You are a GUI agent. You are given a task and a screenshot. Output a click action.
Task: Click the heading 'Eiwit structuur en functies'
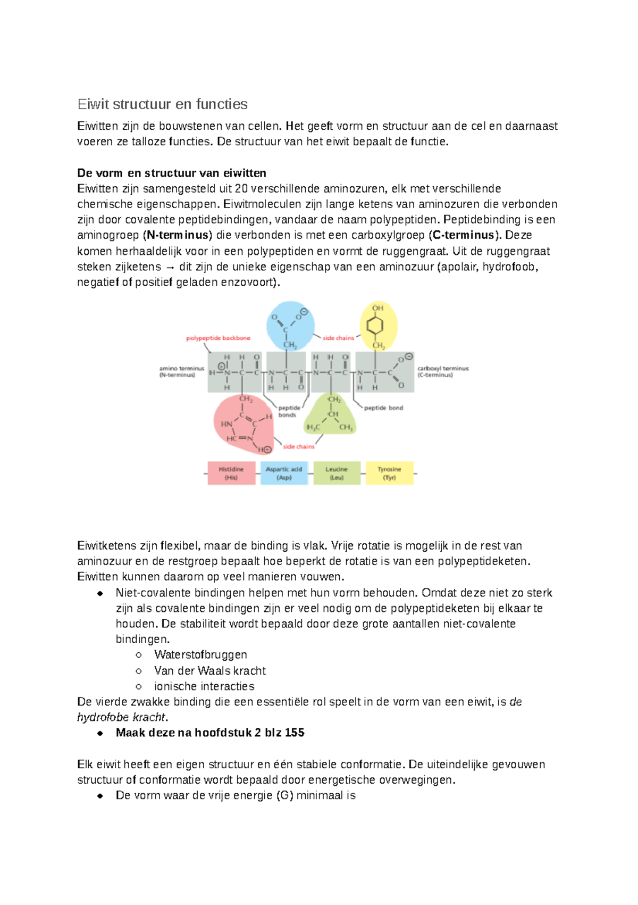pyautogui.click(x=162, y=104)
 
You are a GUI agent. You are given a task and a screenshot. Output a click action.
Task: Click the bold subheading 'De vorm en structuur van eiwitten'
pyautogui.click(x=171, y=173)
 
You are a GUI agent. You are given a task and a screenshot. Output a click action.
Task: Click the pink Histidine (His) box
pyautogui.click(x=231, y=473)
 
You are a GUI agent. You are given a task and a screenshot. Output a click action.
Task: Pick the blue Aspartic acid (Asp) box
pyautogui.click(x=284, y=473)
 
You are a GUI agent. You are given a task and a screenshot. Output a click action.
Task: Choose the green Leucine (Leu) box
pyautogui.click(x=337, y=473)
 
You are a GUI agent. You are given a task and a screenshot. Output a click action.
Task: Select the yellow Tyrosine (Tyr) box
pyautogui.click(x=389, y=473)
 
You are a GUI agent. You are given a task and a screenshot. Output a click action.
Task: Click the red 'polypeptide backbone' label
pyautogui.click(x=218, y=338)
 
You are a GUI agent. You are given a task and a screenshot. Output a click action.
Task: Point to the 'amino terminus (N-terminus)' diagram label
pyautogui.click(x=181, y=371)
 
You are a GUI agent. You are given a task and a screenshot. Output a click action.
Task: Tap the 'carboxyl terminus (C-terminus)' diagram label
pyautogui.click(x=442, y=371)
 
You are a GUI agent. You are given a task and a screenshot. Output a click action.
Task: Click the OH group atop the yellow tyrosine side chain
pyautogui.click(x=377, y=308)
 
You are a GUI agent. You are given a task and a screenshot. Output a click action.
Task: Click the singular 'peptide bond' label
pyautogui.click(x=383, y=408)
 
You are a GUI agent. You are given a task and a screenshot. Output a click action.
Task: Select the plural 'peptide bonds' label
pyautogui.click(x=289, y=411)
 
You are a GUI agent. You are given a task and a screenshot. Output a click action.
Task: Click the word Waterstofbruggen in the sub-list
pyautogui.click(x=200, y=655)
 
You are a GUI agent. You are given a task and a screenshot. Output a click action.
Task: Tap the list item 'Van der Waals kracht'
pyautogui.click(x=209, y=671)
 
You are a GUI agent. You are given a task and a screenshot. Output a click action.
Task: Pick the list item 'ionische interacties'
pyautogui.click(x=204, y=686)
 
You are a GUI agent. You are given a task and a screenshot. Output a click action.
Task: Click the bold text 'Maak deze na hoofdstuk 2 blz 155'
pyautogui.click(x=209, y=733)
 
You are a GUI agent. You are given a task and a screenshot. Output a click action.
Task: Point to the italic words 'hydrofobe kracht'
pyautogui.click(x=121, y=717)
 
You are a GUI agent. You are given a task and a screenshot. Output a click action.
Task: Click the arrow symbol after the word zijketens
pyautogui.click(x=170, y=267)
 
